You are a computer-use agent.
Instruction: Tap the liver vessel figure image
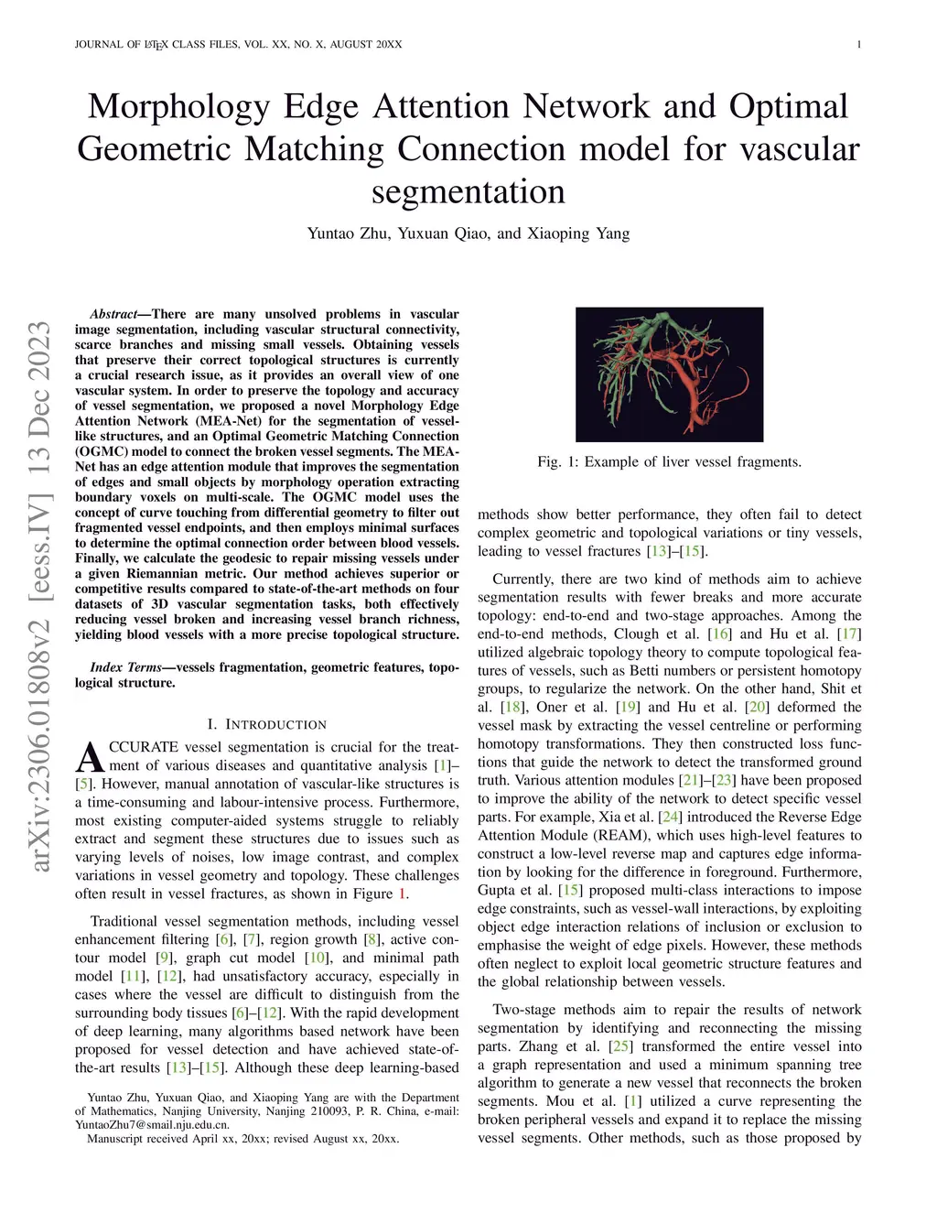pyautogui.click(x=669, y=374)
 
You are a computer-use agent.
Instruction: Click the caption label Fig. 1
pyautogui.click(x=558, y=462)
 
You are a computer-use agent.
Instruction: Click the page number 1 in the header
pyautogui.click(x=858, y=44)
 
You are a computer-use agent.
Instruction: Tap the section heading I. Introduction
pyautogui.click(x=266, y=724)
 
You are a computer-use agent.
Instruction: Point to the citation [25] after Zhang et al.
pyautogui.click(x=620, y=1046)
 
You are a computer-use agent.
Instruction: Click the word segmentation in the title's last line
pyautogui.click(x=468, y=192)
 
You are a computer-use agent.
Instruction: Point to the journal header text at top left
pyautogui.click(x=238, y=44)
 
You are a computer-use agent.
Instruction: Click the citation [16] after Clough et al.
pyautogui.click(x=720, y=634)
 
